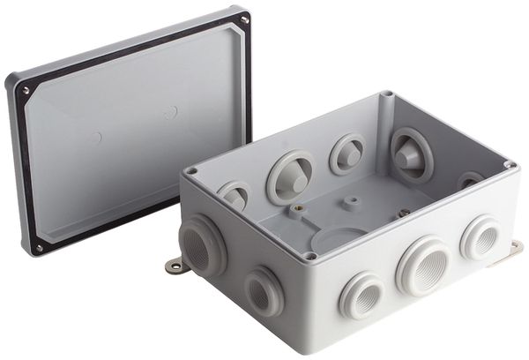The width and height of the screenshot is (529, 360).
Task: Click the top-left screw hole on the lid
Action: (x=26, y=90)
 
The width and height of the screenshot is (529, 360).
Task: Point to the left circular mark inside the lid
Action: (x=99, y=138)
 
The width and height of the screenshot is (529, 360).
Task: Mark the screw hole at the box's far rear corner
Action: (x=386, y=94)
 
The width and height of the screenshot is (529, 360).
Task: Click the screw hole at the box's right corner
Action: (x=510, y=164)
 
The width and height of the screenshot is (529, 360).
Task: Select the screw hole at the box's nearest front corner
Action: (x=310, y=256)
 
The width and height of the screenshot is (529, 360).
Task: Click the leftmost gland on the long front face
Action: (x=361, y=294)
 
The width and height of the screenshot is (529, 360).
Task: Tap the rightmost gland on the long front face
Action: (x=481, y=236)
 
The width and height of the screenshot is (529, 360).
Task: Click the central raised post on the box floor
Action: (x=352, y=202)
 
